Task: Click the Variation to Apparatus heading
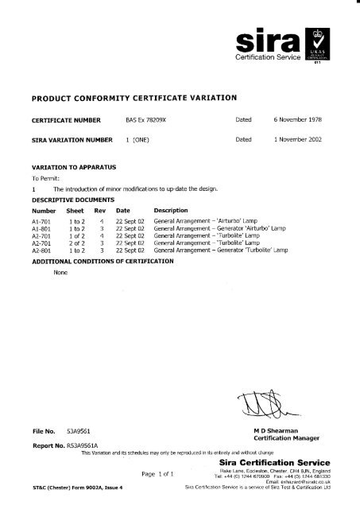coord(68,169)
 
